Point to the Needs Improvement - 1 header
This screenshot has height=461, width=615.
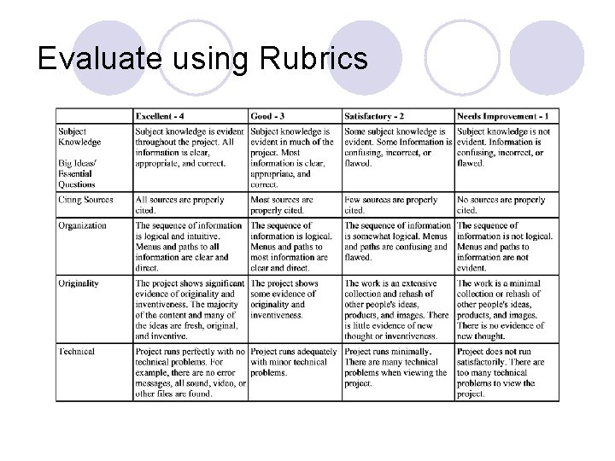coord(503,116)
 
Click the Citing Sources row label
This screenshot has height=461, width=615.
coord(86,200)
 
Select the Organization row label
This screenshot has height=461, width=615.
coord(83,225)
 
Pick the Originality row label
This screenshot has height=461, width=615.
coord(79,283)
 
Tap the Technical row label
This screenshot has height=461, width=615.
coord(77,351)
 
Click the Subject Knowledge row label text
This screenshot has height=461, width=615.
coord(79,137)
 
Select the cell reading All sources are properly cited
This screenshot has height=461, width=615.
coord(179,205)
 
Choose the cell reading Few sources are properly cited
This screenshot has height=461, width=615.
coord(391,205)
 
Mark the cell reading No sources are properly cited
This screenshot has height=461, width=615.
coord(501,205)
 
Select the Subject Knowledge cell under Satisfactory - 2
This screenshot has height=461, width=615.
coord(397,147)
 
